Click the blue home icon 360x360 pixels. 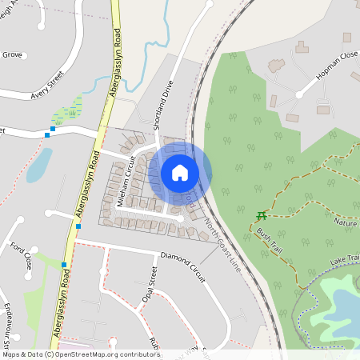(180, 173)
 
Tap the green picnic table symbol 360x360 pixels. (261, 216)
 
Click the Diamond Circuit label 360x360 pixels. (183, 267)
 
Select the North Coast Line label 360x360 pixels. (222, 245)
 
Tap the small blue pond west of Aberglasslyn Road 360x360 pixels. (38, 166)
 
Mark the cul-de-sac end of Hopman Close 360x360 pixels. (299, 94)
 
